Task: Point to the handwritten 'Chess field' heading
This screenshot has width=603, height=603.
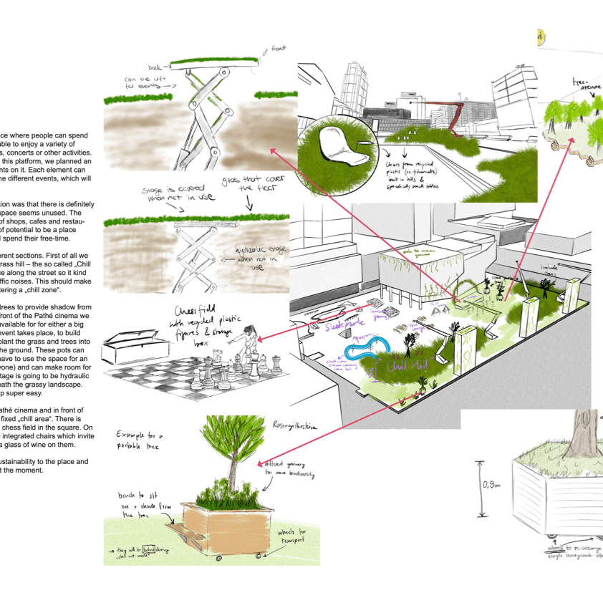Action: point(203,319)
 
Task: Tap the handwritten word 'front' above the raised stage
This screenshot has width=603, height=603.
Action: point(279,51)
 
